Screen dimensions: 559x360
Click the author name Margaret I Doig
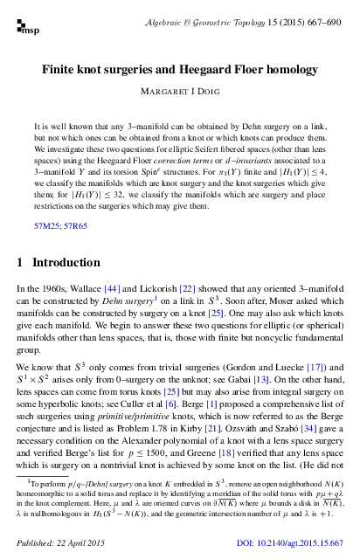coord(180,91)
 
